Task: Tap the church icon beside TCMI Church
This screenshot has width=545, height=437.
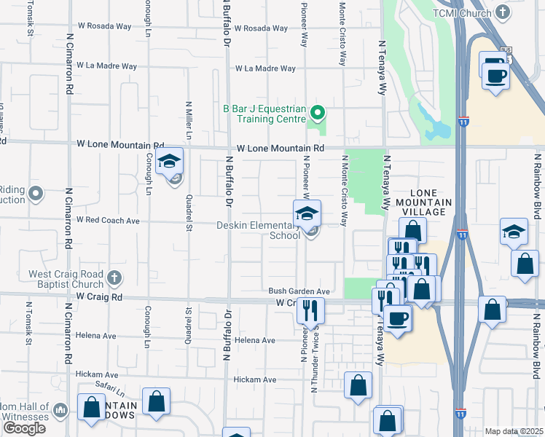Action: click(503, 12)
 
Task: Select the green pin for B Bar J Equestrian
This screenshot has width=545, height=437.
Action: click(317, 113)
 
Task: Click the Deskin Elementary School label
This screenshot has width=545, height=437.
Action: click(259, 230)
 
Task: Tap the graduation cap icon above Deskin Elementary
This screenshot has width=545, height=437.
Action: click(307, 213)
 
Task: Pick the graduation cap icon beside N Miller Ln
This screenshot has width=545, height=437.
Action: click(169, 161)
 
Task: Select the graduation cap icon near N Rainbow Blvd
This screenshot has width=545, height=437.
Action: click(514, 232)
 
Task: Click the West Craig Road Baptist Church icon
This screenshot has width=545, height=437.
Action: click(113, 277)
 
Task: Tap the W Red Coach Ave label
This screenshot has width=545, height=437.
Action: click(108, 220)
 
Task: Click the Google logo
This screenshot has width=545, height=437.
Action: click(24, 428)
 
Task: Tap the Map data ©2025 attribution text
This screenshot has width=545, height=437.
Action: click(514, 431)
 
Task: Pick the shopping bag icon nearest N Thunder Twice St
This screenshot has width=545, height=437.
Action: click(358, 387)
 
